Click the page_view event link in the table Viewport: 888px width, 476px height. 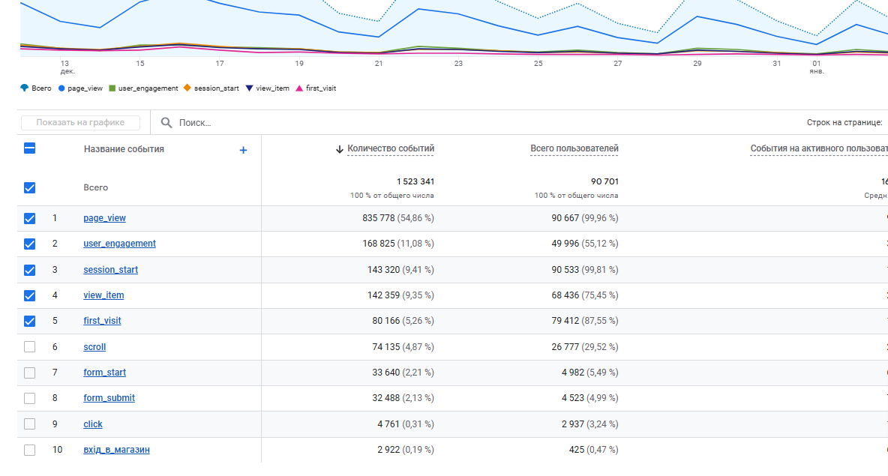[104, 218]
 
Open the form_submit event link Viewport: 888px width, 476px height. [109, 398]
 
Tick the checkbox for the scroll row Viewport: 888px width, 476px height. [30, 347]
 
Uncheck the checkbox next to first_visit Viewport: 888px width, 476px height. [30, 321]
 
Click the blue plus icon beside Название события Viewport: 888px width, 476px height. [243, 150]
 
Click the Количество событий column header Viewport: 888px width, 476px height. [390, 148]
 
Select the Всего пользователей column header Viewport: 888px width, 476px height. [574, 148]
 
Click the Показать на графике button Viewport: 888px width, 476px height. [81, 123]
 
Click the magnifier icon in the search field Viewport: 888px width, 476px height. [166, 123]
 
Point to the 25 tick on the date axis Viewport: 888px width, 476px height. [538, 64]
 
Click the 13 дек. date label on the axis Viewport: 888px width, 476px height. [66, 67]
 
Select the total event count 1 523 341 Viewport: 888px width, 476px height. [415, 181]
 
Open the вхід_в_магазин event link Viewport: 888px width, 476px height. [116, 450]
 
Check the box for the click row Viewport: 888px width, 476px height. [30, 424]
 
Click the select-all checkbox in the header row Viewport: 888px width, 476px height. [30, 148]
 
